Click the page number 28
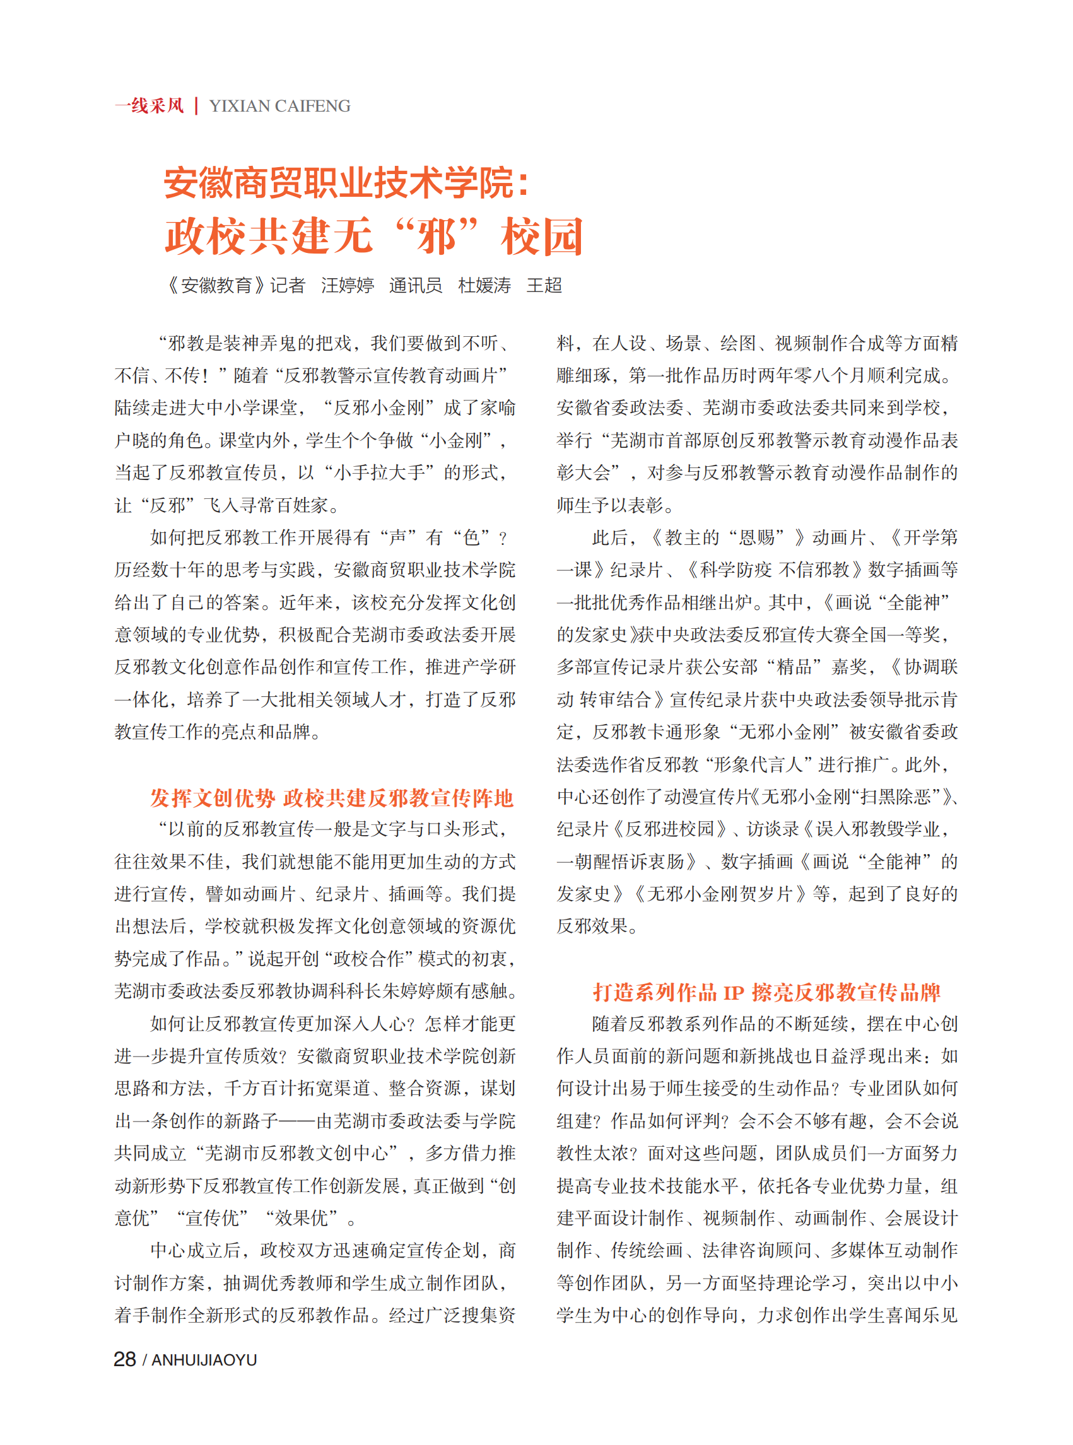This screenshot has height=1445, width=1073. click(125, 1359)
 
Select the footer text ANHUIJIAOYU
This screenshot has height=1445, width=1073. click(204, 1359)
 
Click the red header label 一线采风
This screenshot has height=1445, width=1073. click(150, 106)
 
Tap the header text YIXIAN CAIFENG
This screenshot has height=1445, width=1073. click(280, 106)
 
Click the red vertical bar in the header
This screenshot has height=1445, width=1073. click(196, 106)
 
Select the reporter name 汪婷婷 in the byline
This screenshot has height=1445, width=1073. click(348, 285)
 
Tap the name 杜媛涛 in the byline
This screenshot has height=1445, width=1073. click(484, 285)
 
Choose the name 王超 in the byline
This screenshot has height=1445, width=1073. click(544, 285)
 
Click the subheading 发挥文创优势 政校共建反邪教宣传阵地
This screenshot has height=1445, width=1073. click(332, 797)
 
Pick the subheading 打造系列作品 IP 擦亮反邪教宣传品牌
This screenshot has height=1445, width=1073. click(766, 992)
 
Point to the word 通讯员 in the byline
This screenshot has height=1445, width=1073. click(416, 285)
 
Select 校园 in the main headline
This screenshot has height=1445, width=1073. click(542, 237)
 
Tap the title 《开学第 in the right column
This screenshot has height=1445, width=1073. click(922, 537)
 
